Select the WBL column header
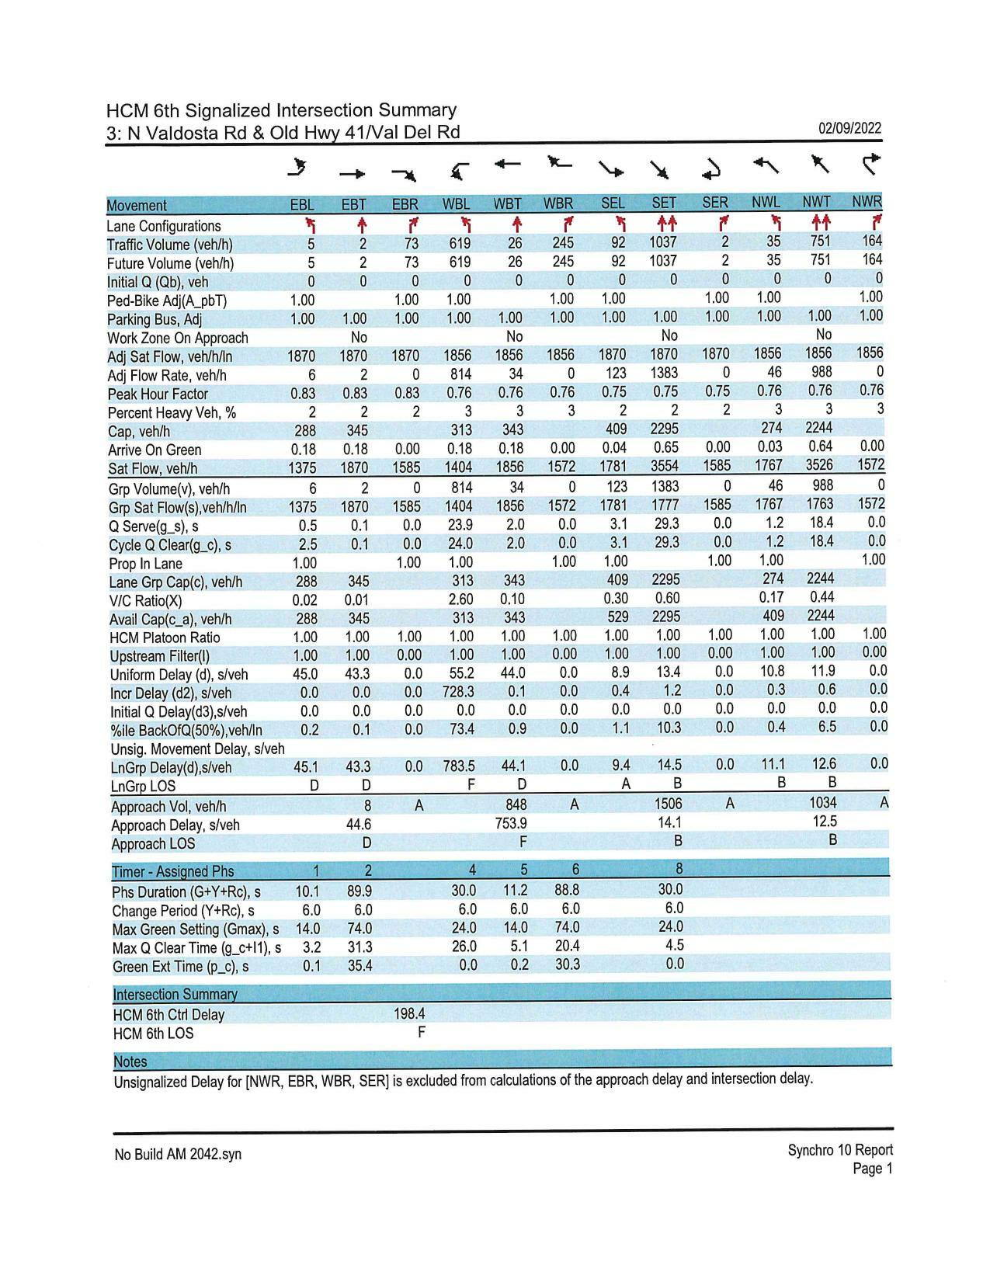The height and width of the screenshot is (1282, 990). (x=457, y=204)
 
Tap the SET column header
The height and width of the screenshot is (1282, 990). (x=664, y=203)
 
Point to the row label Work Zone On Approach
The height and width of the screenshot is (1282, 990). (x=178, y=338)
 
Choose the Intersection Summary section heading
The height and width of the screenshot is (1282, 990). (x=175, y=994)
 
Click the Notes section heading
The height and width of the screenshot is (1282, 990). (x=130, y=1061)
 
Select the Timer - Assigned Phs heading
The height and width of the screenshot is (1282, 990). (x=172, y=871)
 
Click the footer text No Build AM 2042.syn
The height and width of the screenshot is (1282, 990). (x=178, y=1155)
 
